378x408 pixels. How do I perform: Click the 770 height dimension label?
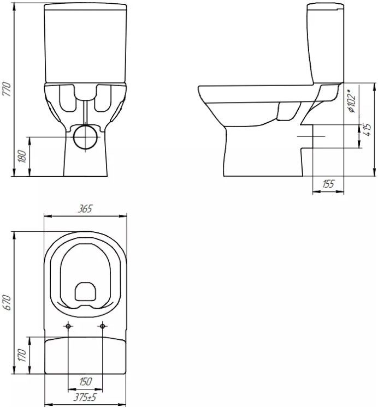point(7,89)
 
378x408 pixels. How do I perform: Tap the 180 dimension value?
point(22,157)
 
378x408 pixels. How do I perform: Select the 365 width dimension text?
point(85,209)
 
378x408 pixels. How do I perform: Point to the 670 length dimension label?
point(7,303)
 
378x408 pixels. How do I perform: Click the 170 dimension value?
point(22,356)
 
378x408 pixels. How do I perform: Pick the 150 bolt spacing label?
point(85,382)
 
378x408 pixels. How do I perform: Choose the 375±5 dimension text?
point(85,397)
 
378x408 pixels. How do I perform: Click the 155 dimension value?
point(328,184)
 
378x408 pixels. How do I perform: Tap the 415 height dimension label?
point(367,129)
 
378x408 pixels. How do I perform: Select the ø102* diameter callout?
point(352,100)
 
